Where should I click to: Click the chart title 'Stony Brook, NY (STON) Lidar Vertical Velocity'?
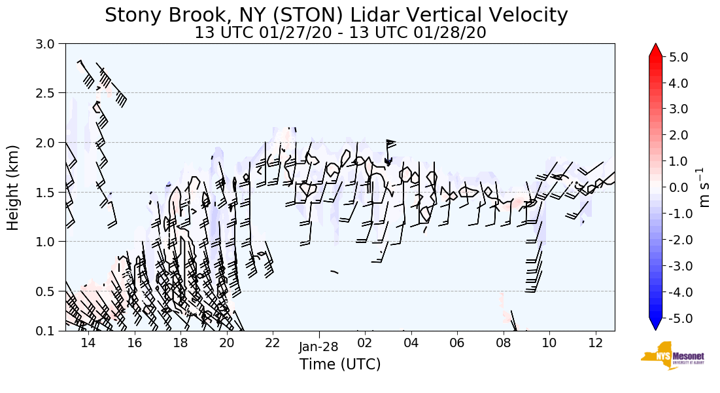tap(336, 15)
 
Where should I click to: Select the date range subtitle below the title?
tap(340, 32)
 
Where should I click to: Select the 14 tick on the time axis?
tap(88, 343)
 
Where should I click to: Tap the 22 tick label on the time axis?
tap(273, 343)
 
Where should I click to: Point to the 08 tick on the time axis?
tap(503, 343)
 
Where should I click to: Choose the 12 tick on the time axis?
tap(595, 343)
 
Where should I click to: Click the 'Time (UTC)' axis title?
tap(340, 364)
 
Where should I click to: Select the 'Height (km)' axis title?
tap(13, 187)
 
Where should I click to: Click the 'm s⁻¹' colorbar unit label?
tap(705, 187)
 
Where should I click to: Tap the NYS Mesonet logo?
tap(671, 355)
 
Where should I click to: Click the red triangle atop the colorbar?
tap(656, 50)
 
